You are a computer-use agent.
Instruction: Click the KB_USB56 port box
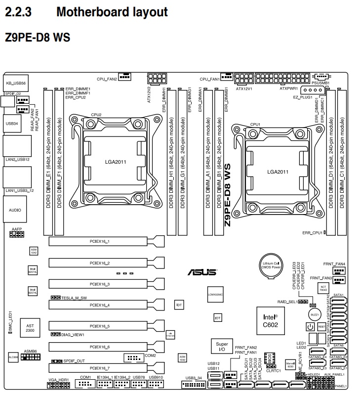pyautogui.click(x=15, y=83)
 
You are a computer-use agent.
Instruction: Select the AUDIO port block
pyautogui.click(x=15, y=210)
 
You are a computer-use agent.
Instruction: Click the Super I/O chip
pyautogui.click(x=221, y=346)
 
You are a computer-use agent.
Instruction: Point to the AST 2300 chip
pyautogui.click(x=30, y=328)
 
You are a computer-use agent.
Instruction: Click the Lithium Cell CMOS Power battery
pyautogui.click(x=271, y=267)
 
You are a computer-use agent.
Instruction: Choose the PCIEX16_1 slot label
pyautogui.click(x=100, y=242)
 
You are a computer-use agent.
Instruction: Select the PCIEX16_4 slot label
pyautogui.click(x=100, y=305)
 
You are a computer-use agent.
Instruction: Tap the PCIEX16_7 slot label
pyautogui.click(x=100, y=368)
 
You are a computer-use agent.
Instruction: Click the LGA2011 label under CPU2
pyautogui.click(x=115, y=161)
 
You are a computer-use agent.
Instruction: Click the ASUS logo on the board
pyautogui.click(x=202, y=272)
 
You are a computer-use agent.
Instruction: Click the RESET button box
pyautogui.click(x=321, y=327)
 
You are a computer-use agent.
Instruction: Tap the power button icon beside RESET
pyautogui.click(x=310, y=327)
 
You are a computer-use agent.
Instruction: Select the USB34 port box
pyautogui.click(x=12, y=124)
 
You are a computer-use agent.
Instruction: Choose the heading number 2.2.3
pyautogui.click(x=18, y=12)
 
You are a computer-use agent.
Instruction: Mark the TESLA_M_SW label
pyautogui.click(x=74, y=298)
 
